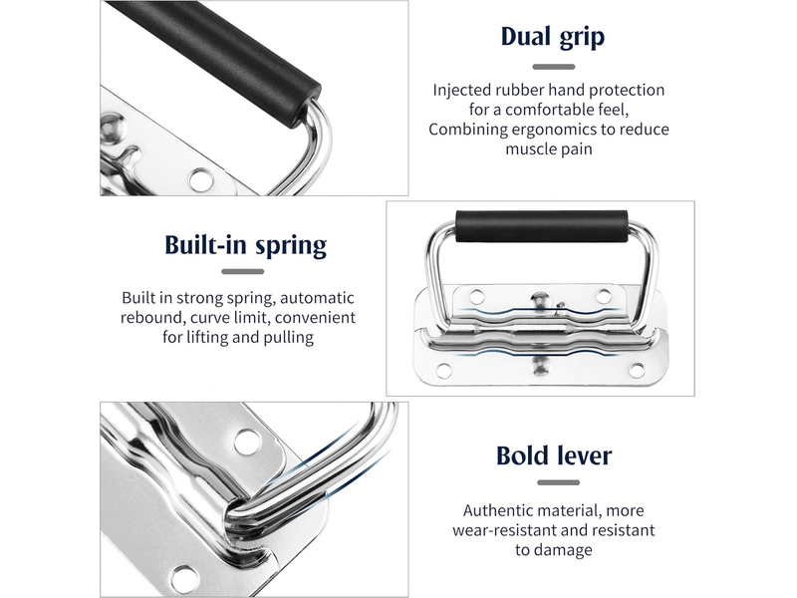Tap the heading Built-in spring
point(245,245)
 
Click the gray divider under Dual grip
point(554,67)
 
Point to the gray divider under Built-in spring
point(242,271)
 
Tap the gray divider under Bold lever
point(558,482)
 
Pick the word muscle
point(527,149)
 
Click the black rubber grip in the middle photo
point(542,226)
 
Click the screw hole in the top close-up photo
point(202,179)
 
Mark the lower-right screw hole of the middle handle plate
point(637,370)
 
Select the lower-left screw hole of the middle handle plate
point(443,370)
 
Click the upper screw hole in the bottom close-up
point(247,442)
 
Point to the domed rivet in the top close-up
point(113,129)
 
